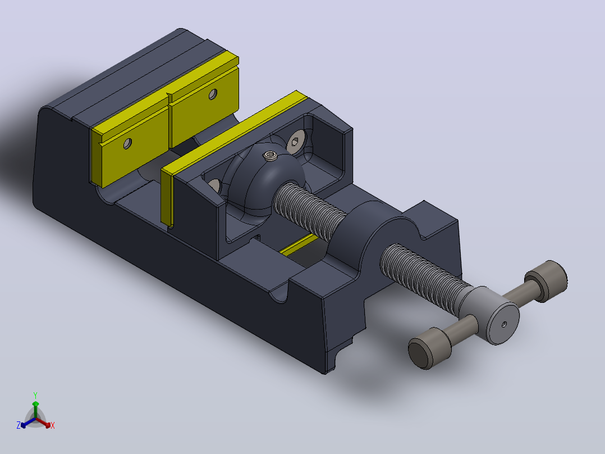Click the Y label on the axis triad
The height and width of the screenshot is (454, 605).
35,395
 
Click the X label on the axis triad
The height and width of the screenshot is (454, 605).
53,425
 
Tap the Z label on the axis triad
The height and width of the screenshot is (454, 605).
18,425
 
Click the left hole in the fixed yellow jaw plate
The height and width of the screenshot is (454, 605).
127,144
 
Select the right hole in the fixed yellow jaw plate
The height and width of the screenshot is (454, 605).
213,94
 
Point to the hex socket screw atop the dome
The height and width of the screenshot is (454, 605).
270,156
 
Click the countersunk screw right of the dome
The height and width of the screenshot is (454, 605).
296,142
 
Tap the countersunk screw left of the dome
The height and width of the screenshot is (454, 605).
214,186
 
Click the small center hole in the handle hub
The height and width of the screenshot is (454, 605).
504,325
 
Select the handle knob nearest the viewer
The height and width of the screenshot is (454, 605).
429,348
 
